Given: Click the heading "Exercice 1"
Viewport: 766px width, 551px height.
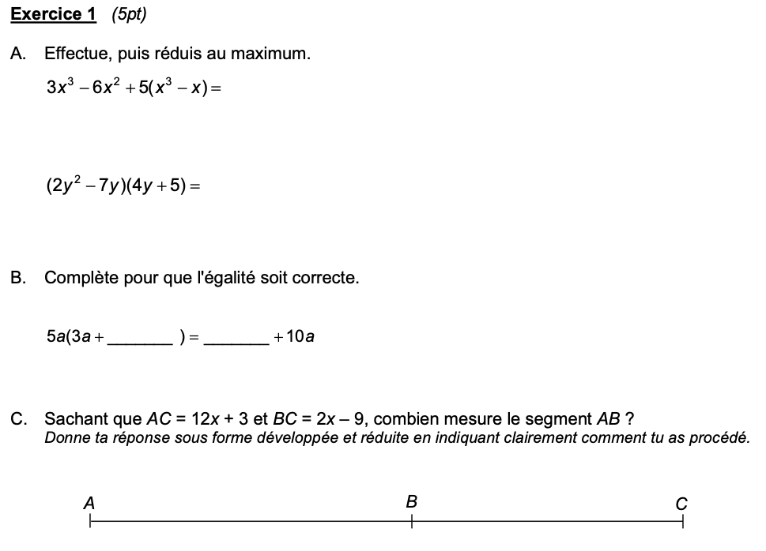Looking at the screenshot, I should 54,14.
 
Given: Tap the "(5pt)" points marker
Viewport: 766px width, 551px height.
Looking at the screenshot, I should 129,14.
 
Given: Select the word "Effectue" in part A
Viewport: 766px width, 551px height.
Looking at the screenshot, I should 76,54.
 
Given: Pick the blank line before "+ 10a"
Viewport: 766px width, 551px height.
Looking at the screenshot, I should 236,342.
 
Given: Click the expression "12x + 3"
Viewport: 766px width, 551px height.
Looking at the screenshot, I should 220,418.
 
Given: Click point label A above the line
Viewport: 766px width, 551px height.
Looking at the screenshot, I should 89,502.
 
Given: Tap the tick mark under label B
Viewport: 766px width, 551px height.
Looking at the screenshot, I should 411,521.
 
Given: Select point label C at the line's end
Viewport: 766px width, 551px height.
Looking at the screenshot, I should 681,503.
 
